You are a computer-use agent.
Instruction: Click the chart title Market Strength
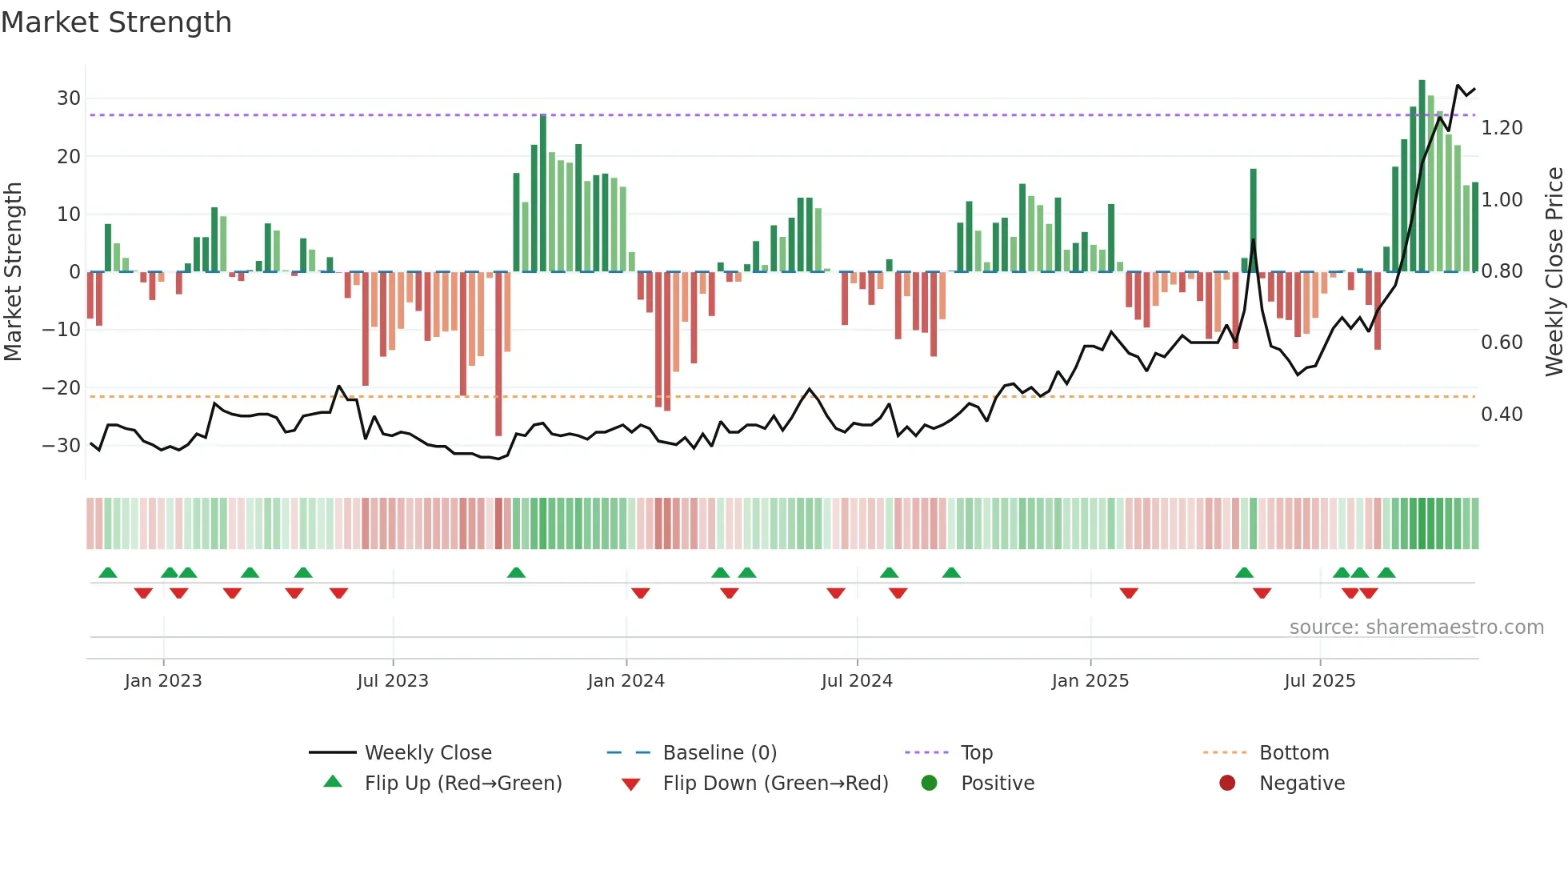coord(116,22)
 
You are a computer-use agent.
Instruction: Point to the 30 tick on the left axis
coord(69,98)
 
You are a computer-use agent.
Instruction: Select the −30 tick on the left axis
coord(62,446)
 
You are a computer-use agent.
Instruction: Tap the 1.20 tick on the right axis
coord(1502,128)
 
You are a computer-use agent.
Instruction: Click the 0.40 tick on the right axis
coord(1502,415)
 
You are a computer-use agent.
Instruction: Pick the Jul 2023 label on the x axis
coord(393,681)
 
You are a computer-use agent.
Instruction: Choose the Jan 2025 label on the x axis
coord(1090,681)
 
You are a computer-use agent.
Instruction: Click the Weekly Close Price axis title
coord(1554,272)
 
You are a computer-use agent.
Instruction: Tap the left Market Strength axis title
coord(14,272)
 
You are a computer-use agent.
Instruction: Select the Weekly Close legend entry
coord(428,753)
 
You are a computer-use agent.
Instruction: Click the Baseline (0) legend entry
coord(719,753)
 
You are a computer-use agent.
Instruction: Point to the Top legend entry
coord(976,753)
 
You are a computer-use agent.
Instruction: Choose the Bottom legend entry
coord(1294,753)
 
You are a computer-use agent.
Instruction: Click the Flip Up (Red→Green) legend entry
coord(462,784)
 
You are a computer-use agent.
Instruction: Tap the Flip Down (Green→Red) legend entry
coord(774,784)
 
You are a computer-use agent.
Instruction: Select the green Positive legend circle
coord(929,783)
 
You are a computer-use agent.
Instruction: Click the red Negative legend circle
coord(1227,783)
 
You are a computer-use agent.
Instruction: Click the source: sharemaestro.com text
coord(1416,627)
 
